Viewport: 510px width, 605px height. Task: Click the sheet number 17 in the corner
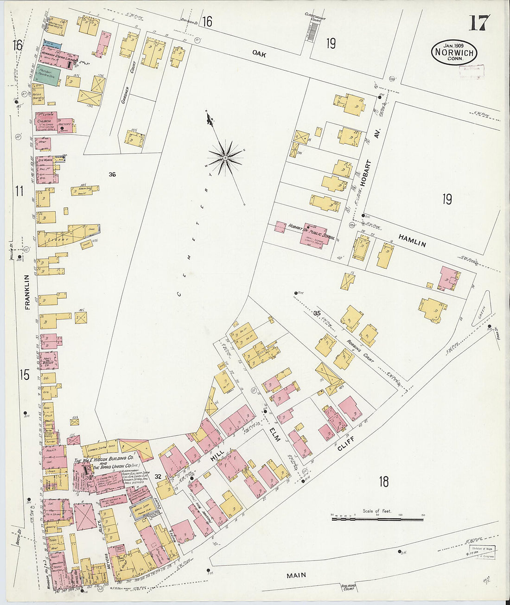[x=479, y=23]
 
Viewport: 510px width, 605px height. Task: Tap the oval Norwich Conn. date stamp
[x=454, y=52]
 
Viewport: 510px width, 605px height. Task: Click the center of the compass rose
[x=225, y=158]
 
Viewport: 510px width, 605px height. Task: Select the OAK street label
[x=259, y=54]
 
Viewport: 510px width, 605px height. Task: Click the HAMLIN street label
[x=412, y=241]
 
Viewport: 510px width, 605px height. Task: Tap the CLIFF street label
[x=346, y=443]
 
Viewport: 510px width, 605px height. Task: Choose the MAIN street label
[x=296, y=575]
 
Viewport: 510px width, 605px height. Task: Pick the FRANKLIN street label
[x=27, y=292]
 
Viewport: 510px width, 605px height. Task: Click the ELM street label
[x=273, y=434]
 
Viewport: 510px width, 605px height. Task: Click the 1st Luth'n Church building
[x=47, y=122]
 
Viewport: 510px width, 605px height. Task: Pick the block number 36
[x=112, y=175]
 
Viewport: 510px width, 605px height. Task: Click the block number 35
[x=317, y=313]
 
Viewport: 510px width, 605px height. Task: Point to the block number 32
[x=158, y=476]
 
